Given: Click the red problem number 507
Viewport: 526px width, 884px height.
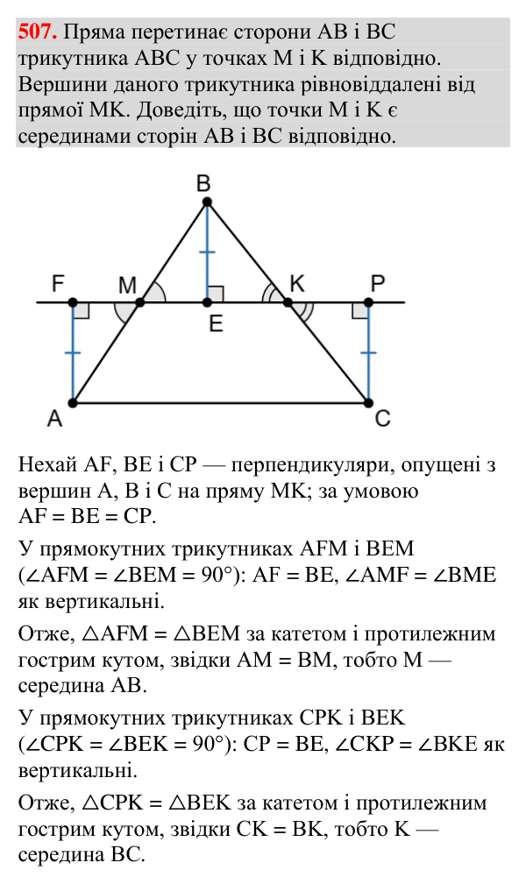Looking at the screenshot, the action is (37, 32).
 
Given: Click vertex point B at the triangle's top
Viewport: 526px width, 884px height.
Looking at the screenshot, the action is (207, 202).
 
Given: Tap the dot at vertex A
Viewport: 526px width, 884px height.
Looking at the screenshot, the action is (73, 402).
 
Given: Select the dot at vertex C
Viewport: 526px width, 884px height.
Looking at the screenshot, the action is (368, 402).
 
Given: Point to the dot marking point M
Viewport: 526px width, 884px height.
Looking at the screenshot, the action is (140, 303).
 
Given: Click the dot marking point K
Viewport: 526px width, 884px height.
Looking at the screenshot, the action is (288, 303).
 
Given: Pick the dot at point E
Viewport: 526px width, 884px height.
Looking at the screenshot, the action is (207, 303).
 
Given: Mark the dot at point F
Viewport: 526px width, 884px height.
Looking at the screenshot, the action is (73, 303).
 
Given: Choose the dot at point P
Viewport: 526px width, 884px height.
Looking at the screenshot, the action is (368, 303).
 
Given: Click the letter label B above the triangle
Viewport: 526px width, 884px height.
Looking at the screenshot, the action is (203, 184).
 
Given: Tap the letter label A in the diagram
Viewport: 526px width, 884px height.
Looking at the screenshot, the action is (54, 419).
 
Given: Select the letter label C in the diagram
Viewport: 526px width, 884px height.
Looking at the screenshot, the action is (382, 419).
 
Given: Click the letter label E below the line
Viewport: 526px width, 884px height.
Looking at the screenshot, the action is (216, 323).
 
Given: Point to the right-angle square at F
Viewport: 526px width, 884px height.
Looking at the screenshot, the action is (82, 311).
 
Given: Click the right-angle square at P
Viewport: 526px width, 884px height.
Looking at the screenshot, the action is (360, 311).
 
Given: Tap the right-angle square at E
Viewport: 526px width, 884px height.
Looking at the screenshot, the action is (216, 294).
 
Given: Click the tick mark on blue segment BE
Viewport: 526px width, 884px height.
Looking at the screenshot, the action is (207, 252).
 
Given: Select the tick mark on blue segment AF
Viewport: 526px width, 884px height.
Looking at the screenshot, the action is (73, 353).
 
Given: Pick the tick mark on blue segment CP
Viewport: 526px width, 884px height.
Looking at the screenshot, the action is (368, 353).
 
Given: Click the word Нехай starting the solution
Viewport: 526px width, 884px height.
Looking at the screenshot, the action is (47, 464).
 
